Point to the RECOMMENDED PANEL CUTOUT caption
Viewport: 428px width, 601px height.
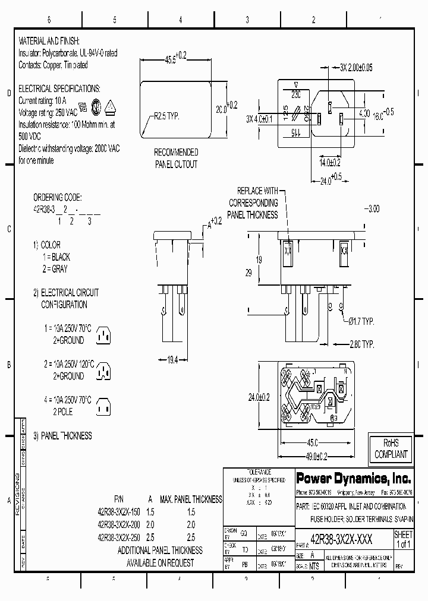176,159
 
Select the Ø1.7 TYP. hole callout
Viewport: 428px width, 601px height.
360,321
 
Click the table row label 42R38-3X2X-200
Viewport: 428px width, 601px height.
119,524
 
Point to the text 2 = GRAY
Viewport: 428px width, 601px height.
55,268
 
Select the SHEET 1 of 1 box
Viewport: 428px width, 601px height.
403,539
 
